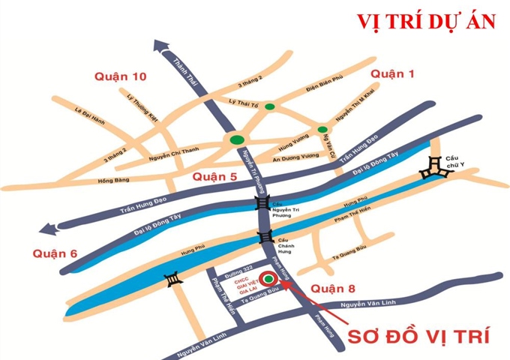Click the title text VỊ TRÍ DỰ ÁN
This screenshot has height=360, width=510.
[426, 21]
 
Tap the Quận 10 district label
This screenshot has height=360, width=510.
[120, 76]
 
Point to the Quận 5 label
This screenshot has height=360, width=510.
[214, 177]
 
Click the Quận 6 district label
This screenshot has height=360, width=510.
[55, 253]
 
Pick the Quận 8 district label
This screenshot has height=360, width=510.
[331, 289]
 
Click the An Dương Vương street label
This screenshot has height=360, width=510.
[301, 157]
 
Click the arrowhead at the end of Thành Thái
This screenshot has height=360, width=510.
[161, 46]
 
